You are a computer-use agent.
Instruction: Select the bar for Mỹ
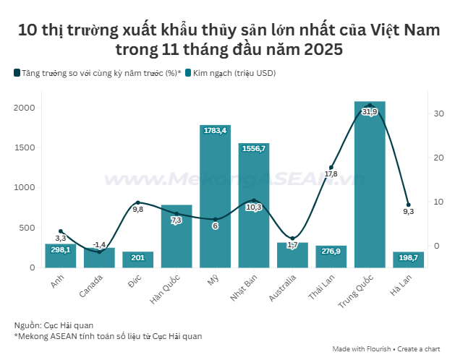[x=215, y=202]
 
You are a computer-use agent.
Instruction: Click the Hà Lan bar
[x=408, y=260]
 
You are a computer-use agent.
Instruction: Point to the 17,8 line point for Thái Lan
[x=331, y=168]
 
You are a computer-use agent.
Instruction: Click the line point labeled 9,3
[x=408, y=205]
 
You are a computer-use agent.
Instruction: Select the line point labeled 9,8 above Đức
[x=137, y=202]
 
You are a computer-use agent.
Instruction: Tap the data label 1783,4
[x=215, y=131]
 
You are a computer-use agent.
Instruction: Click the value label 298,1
[x=61, y=250]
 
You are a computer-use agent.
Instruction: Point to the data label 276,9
[x=331, y=252]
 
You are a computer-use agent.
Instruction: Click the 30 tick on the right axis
[x=438, y=113]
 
